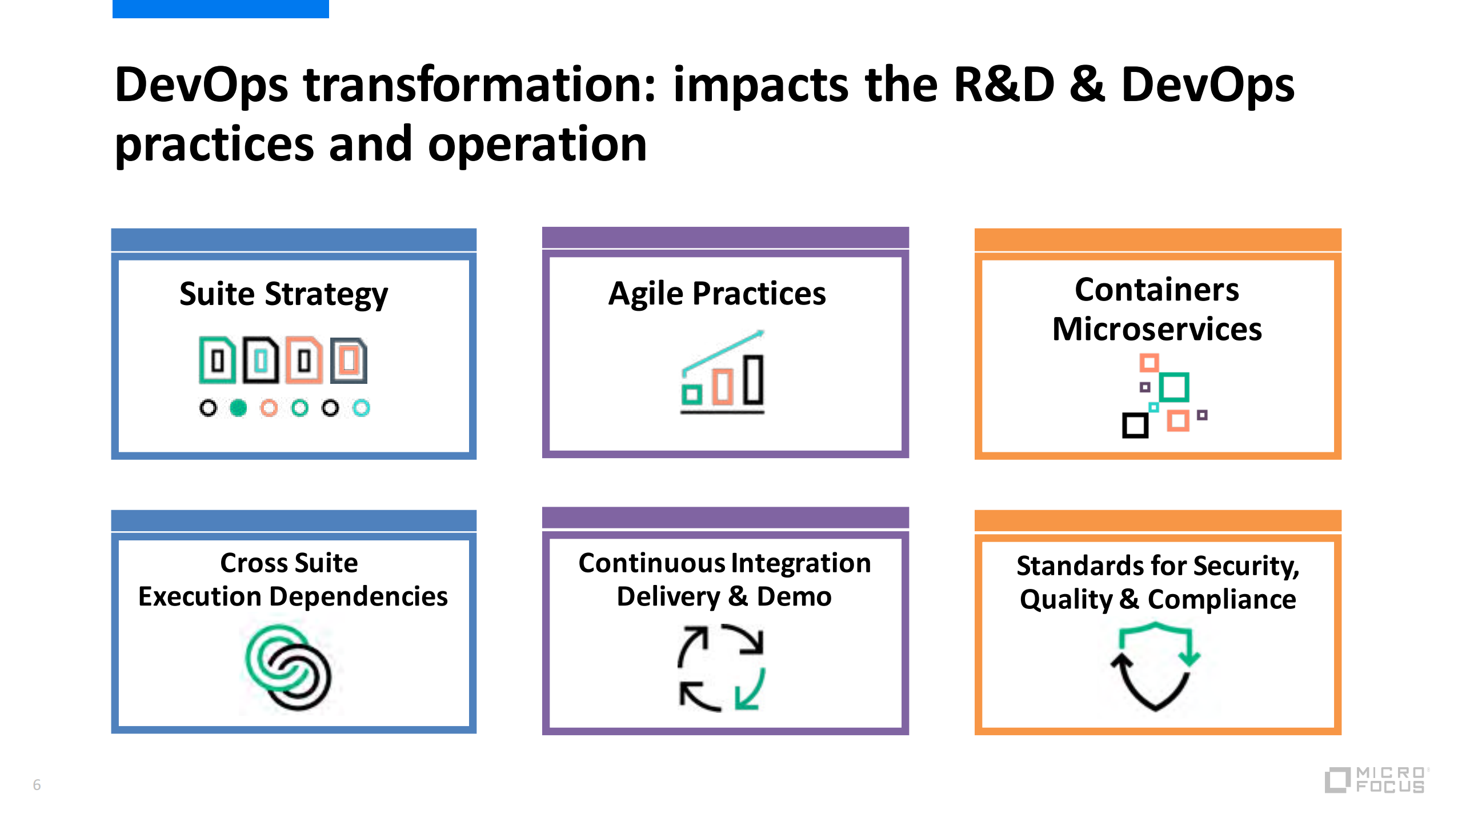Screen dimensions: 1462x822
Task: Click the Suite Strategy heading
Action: (283, 295)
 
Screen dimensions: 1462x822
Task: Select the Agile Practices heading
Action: (717, 294)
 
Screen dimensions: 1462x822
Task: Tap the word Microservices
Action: (1157, 329)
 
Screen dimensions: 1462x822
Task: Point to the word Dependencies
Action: (358, 597)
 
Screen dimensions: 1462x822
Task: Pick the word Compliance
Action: (1221, 600)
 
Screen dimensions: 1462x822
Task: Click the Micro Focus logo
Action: (1376, 780)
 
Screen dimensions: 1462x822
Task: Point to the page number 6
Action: (37, 785)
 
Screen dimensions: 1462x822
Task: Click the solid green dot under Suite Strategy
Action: (238, 408)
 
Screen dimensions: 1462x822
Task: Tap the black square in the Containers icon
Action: (1135, 426)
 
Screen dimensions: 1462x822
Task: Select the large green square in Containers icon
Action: (1174, 387)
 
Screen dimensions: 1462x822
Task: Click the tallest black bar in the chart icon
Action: (753, 380)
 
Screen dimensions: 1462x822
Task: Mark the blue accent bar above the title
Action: (221, 9)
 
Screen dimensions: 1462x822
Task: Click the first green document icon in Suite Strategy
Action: (217, 360)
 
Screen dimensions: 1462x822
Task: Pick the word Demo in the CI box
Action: (794, 597)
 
